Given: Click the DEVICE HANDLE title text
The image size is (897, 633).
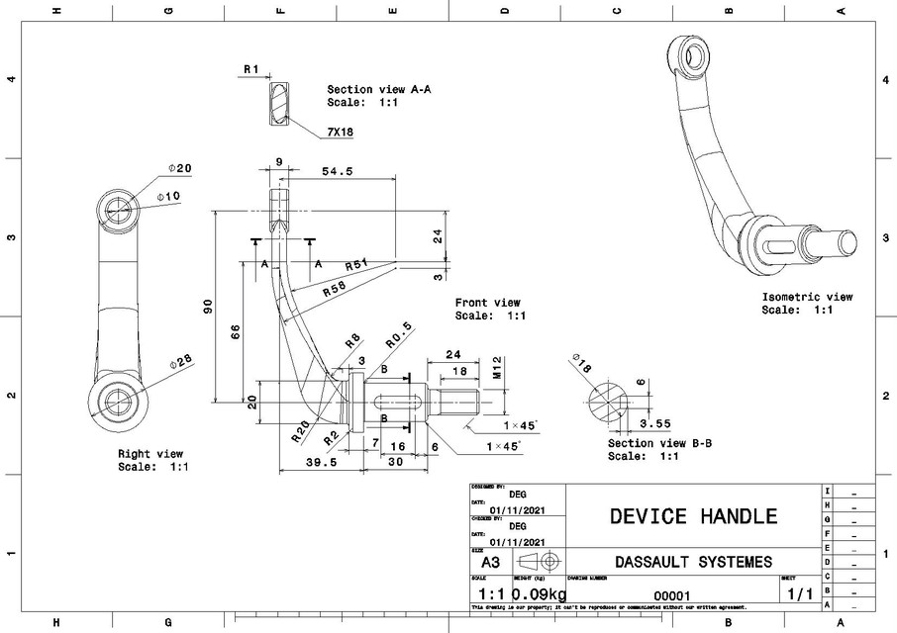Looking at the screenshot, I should [x=693, y=515].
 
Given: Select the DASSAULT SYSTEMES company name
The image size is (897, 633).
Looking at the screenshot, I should [x=693, y=562].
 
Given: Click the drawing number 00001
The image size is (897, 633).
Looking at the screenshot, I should [x=672, y=595].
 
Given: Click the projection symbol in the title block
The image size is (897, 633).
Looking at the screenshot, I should [x=538, y=561].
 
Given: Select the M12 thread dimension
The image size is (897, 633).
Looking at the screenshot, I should [x=498, y=370].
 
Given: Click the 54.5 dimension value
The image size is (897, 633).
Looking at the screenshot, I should [x=338, y=172].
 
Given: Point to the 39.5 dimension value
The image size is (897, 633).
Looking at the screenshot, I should [x=323, y=461].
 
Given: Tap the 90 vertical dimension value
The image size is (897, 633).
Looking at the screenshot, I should [x=208, y=308].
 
